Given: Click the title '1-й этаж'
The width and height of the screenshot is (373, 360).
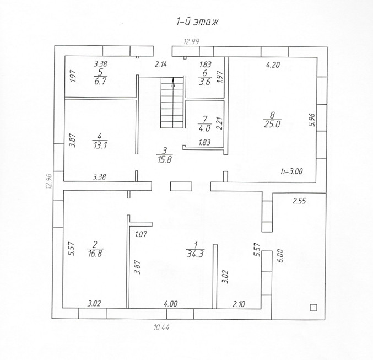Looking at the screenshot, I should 197,22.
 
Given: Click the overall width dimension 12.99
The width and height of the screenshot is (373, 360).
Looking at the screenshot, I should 191,41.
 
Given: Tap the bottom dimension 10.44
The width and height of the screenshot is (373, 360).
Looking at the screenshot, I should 163,327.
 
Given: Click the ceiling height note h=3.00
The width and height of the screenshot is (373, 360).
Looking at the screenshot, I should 291,171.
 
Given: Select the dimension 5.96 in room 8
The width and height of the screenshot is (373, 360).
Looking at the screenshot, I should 311,120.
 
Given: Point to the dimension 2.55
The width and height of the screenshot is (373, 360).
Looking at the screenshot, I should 299,201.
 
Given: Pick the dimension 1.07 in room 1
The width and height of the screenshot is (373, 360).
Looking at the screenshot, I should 142,234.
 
